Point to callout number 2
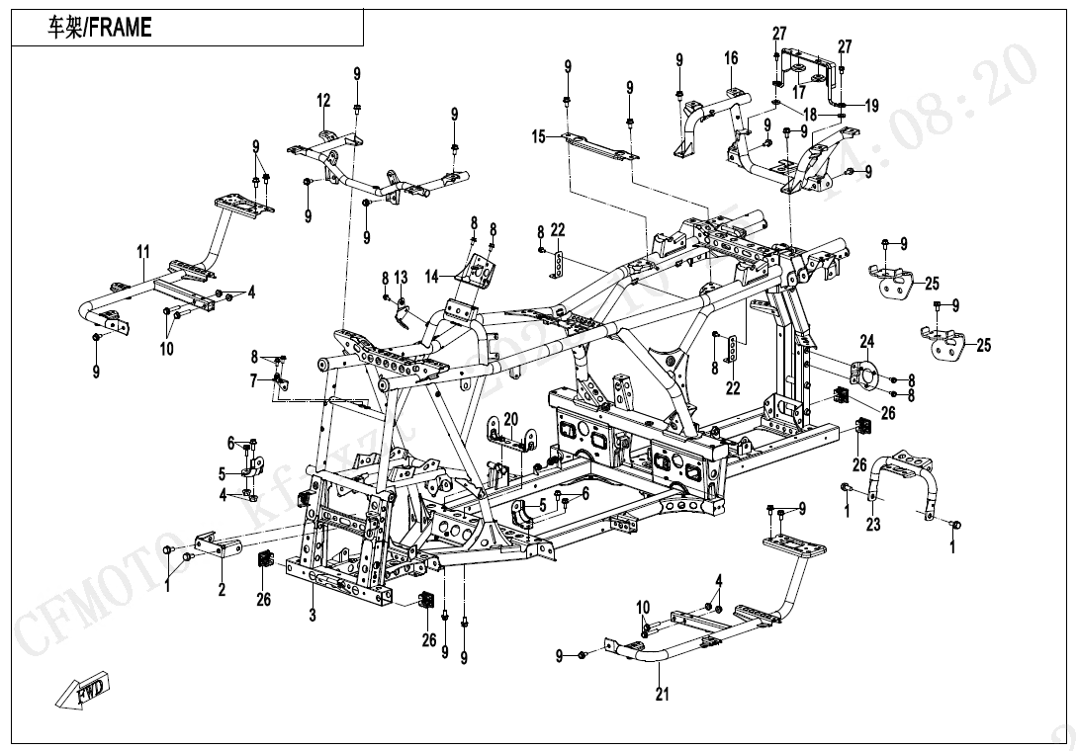tap(222, 590)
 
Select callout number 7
tap(253, 380)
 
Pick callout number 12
tap(323, 100)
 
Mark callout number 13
tap(401, 277)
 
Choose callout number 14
tap(431, 278)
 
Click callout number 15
tap(538, 136)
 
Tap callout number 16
tap(731, 58)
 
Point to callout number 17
tap(799, 92)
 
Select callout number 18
tap(809, 115)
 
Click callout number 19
tap(871, 106)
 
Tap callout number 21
tap(662, 695)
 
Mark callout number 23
tap(873, 525)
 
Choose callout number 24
tap(866, 343)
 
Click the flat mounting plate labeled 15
tap(599, 147)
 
